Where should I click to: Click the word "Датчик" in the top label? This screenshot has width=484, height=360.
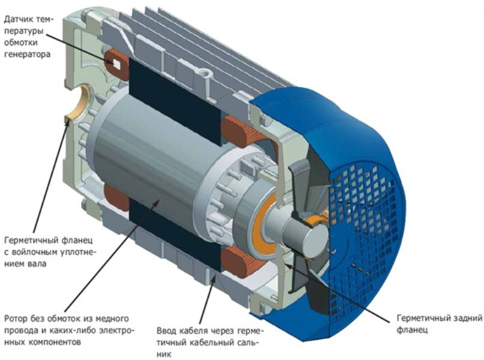click(x=19, y=20)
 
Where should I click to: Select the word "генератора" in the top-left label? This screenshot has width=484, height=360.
click(x=27, y=55)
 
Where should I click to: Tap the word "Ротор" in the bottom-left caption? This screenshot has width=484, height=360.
click(x=16, y=319)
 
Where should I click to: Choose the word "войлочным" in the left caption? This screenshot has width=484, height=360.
click(x=35, y=252)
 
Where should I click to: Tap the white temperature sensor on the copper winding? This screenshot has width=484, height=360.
click(x=117, y=64)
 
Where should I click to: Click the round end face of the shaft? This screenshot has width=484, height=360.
click(x=317, y=238)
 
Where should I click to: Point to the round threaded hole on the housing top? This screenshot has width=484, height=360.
click(x=205, y=74)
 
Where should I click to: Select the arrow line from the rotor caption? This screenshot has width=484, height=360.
click(x=112, y=256)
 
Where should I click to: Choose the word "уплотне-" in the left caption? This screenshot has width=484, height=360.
click(x=79, y=253)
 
